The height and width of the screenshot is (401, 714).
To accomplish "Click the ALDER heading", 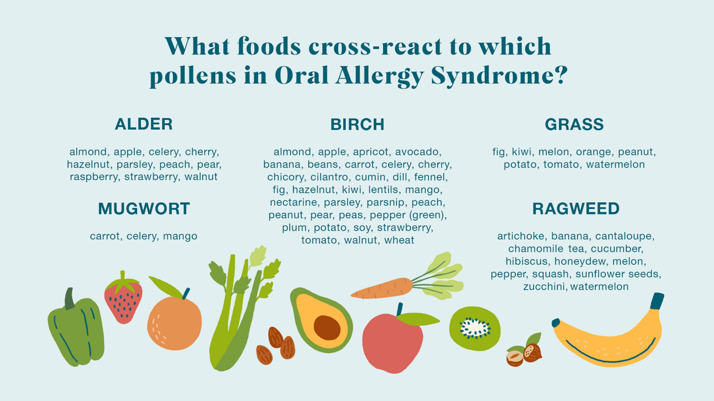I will pyautogui.click(x=143, y=124).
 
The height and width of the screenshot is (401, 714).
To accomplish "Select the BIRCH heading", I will pyautogui.click(x=357, y=124).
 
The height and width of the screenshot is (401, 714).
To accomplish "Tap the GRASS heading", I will pyautogui.click(x=574, y=124).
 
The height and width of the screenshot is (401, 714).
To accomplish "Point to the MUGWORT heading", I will pyautogui.click(x=144, y=209).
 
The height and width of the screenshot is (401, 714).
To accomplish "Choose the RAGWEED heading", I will pyautogui.click(x=576, y=209).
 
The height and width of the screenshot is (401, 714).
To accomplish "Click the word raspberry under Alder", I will pyautogui.click(x=94, y=177).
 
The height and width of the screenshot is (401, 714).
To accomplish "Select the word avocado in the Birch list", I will pyautogui.click(x=418, y=151).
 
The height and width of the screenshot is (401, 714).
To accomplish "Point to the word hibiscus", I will pyautogui.click(x=527, y=261).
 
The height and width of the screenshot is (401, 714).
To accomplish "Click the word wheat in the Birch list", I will pyautogui.click(x=399, y=240).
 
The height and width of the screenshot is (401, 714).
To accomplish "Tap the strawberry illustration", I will pyautogui.click(x=123, y=299).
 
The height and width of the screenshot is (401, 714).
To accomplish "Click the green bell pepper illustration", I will pyautogui.click(x=75, y=331).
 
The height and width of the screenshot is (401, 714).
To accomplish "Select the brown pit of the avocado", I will pyautogui.click(x=327, y=327).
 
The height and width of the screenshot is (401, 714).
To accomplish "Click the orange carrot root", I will pyautogui.click(x=382, y=289).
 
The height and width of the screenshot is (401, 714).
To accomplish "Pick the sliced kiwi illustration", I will pyautogui.click(x=475, y=329).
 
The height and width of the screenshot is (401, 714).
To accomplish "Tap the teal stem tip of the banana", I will pyautogui.click(x=657, y=301).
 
